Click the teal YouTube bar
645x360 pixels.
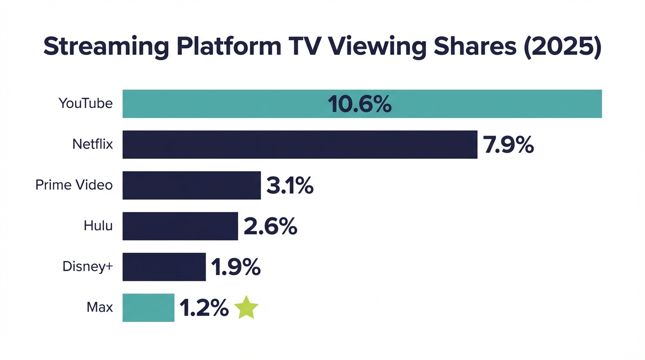[x=234, y=104]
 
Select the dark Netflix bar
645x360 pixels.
[x=300, y=144]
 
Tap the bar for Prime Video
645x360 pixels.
[x=191, y=185]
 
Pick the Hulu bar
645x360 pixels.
[x=180, y=226]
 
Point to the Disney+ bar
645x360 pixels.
[x=164, y=267]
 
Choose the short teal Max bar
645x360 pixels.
[x=148, y=307]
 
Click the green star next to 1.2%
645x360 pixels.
[x=246, y=308]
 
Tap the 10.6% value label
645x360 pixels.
[x=360, y=104]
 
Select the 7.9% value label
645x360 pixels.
[x=509, y=145]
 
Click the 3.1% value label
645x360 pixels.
[x=290, y=186]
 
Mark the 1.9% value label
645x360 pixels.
[x=235, y=267]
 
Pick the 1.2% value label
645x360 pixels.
[x=204, y=308]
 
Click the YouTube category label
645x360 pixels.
[x=85, y=103]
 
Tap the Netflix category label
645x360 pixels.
[x=92, y=144]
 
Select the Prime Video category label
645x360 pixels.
[x=74, y=185]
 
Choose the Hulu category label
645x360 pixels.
[x=98, y=225]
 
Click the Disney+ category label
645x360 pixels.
[x=88, y=266]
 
